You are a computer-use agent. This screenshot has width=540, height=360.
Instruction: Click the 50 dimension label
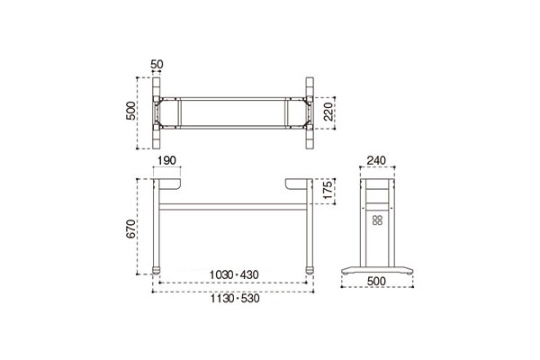157,65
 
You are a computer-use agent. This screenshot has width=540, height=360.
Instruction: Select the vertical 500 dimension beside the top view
130,111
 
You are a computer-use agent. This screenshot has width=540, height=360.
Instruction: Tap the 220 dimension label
328,112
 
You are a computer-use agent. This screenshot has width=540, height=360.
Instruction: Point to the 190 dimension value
167,160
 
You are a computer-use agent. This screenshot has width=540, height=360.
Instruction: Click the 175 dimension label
328,190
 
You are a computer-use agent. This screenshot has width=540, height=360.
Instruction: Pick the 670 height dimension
130,229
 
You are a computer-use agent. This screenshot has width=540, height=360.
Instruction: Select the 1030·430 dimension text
234,274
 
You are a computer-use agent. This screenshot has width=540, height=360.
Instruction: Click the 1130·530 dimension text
235,298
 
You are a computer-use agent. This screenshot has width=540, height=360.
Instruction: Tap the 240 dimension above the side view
376,160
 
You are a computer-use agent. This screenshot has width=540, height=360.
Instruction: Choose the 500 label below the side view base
376,282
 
